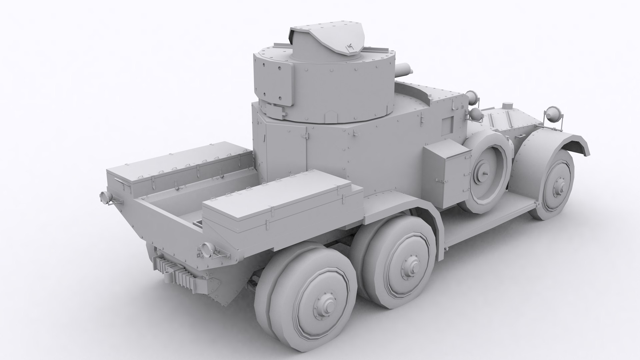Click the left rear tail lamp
tap(104, 197)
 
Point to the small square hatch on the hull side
tap(447, 123)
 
